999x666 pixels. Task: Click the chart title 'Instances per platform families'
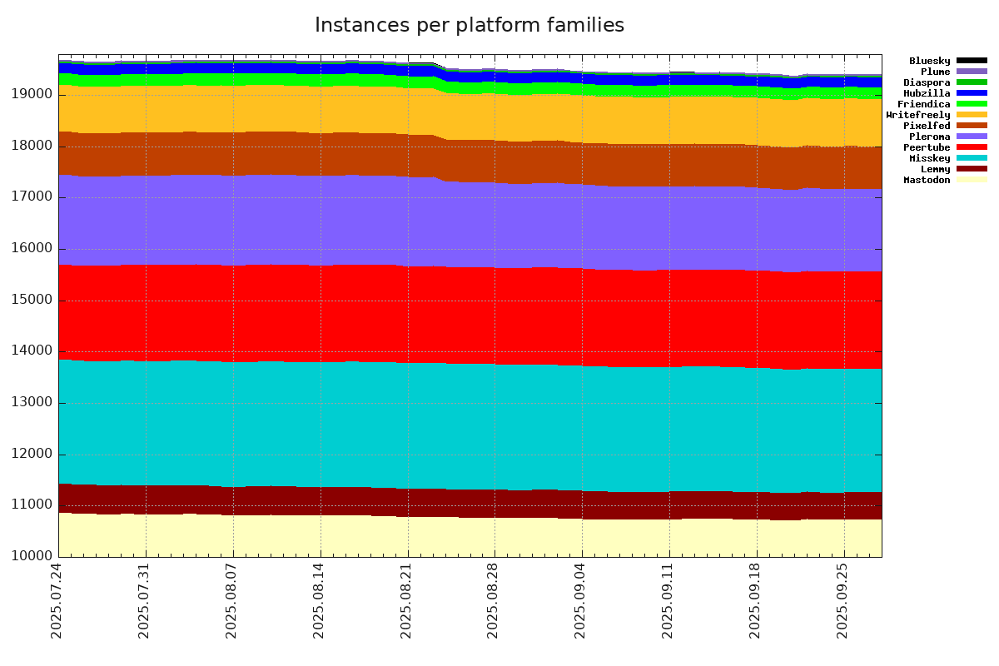(x=470, y=26)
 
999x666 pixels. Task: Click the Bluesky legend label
(x=929, y=61)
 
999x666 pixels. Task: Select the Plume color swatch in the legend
(x=972, y=72)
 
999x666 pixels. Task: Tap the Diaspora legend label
(x=927, y=82)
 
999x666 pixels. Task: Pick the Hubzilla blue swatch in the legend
(x=972, y=93)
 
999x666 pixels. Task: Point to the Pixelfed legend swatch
(x=972, y=126)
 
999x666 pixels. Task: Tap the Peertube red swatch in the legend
(x=972, y=147)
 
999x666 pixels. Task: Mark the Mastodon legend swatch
(x=972, y=180)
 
